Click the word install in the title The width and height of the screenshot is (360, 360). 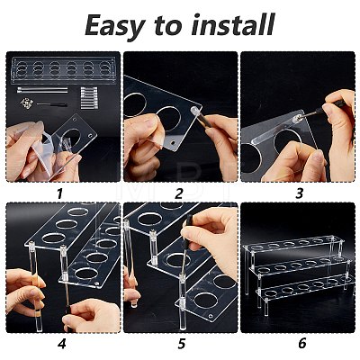(x=233, y=24)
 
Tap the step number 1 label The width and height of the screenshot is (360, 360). (x=60, y=193)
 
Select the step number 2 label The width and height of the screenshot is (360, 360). (x=179, y=193)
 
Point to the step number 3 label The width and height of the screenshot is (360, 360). (x=299, y=193)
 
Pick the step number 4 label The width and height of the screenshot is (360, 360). (x=61, y=343)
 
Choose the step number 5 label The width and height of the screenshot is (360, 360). (x=181, y=343)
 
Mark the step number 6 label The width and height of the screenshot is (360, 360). (x=302, y=343)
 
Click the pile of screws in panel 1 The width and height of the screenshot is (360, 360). (x=26, y=103)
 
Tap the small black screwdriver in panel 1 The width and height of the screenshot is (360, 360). (x=51, y=104)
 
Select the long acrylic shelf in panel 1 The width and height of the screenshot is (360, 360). (x=64, y=70)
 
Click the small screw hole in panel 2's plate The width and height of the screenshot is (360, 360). (x=173, y=143)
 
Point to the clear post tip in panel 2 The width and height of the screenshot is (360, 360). (x=194, y=110)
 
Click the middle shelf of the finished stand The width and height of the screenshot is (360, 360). (x=301, y=264)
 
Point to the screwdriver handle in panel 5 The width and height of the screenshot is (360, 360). (x=190, y=227)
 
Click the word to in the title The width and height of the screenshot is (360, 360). (x=167, y=25)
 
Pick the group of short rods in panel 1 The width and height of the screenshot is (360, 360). (x=89, y=98)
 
